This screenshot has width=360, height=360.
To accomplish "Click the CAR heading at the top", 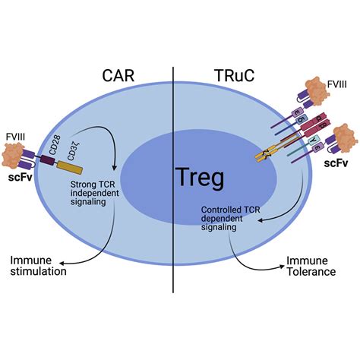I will tap(122, 76).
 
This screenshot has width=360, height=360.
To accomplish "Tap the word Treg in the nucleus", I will tap(180, 178).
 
